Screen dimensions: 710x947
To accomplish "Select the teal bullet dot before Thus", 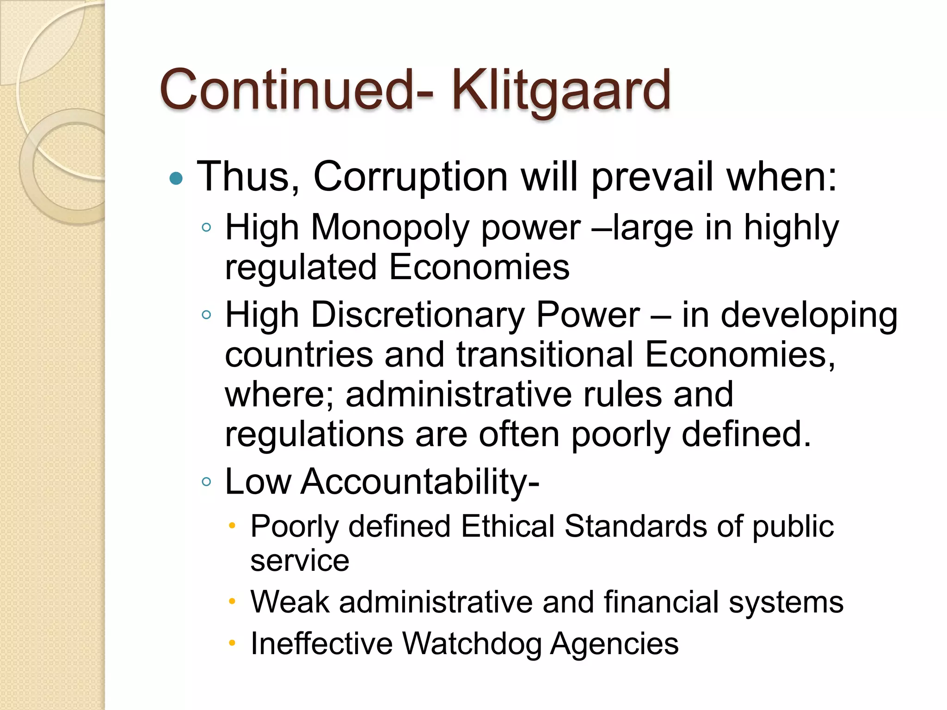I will [176, 178].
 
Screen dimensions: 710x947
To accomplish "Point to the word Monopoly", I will [390, 228].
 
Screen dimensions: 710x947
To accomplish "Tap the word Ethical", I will [507, 526].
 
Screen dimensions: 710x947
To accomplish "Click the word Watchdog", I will [471, 643].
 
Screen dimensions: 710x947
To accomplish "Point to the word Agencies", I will [615, 643].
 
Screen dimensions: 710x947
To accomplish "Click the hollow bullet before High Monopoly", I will [206, 227].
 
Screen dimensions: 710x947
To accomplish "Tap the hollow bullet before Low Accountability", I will [206, 482].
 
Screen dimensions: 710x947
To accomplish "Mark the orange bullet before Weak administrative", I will [232, 602].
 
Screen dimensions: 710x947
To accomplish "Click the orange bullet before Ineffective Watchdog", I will [232, 643].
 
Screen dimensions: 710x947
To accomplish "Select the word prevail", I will [652, 177].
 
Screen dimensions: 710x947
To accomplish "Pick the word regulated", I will [301, 268].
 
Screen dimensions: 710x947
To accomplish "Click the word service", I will [300, 561].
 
